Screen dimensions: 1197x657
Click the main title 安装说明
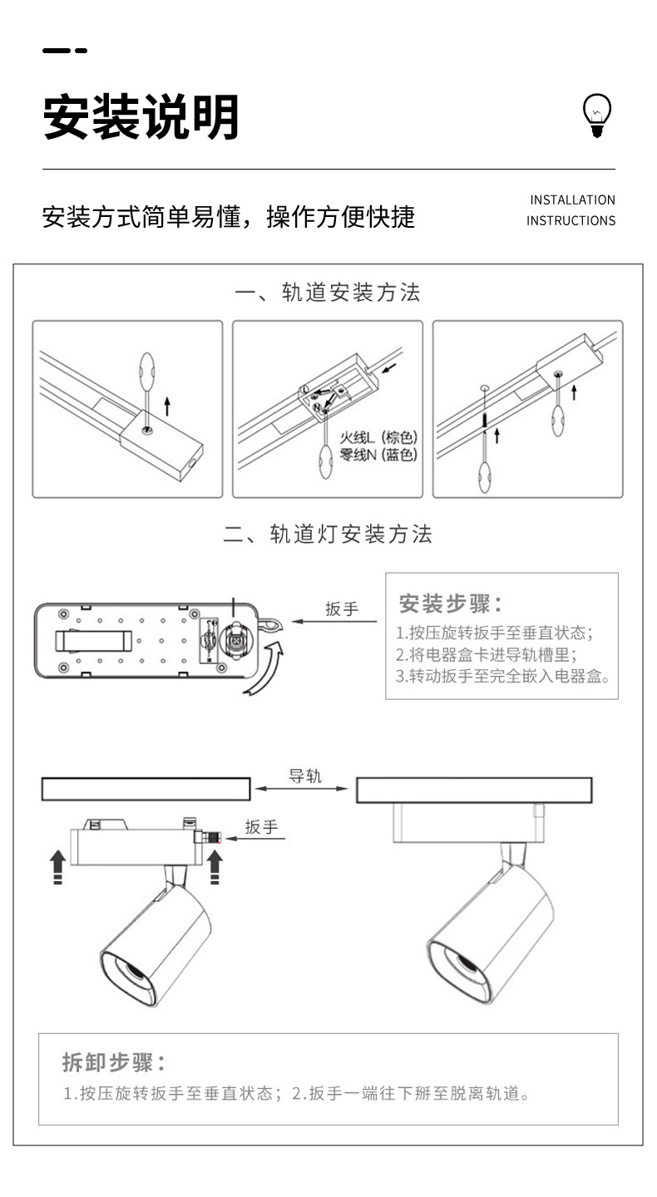(141, 117)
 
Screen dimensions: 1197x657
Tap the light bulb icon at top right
(596, 116)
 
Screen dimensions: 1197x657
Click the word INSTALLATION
(572, 200)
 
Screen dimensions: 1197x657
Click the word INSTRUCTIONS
(571, 221)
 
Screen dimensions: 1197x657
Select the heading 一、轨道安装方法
(328, 293)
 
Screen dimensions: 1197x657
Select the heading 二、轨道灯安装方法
(328, 534)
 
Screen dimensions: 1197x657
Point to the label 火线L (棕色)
(378, 437)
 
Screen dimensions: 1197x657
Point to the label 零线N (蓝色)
(378, 455)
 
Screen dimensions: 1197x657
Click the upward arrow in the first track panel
(167, 406)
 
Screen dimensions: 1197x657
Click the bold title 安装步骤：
(450, 603)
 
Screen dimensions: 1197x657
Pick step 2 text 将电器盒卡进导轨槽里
(486, 654)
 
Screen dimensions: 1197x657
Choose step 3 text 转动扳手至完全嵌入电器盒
(502, 676)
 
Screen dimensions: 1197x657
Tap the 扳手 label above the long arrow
(341, 609)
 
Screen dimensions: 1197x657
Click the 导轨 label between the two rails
(304, 776)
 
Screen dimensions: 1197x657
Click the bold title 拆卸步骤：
(113, 1062)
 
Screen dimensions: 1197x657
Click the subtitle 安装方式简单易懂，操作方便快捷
(229, 217)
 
